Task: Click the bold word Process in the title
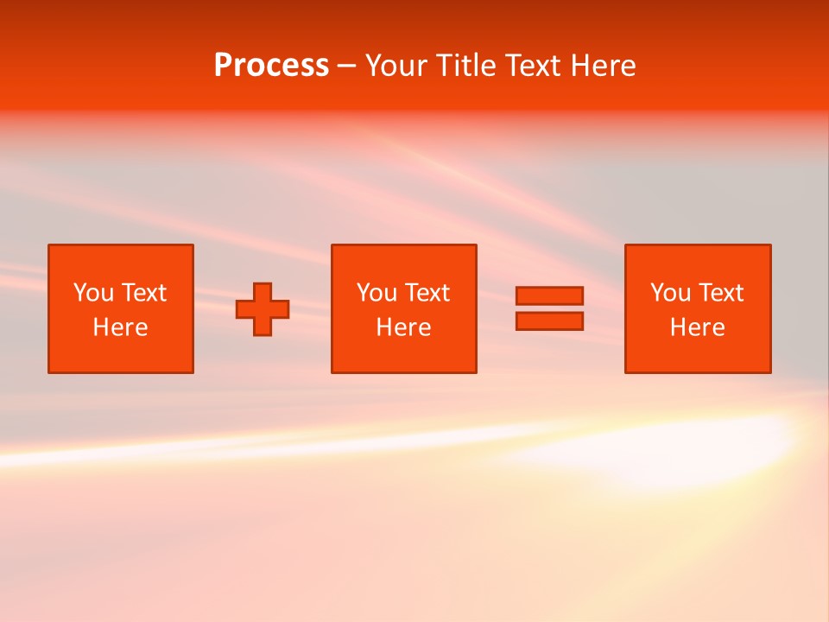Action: tap(271, 66)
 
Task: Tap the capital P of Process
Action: tap(223, 66)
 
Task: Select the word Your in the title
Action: tap(394, 66)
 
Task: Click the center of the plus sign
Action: tap(263, 309)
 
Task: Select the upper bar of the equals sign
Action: tap(549, 295)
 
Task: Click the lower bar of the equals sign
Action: tap(549, 321)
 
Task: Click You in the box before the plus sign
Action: tap(92, 293)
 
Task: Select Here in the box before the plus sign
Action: tap(120, 327)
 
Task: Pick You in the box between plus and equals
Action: tap(376, 293)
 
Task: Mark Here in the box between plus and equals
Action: tap(403, 327)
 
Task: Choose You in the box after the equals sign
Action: tap(669, 293)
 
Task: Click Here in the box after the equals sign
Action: tap(697, 327)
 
